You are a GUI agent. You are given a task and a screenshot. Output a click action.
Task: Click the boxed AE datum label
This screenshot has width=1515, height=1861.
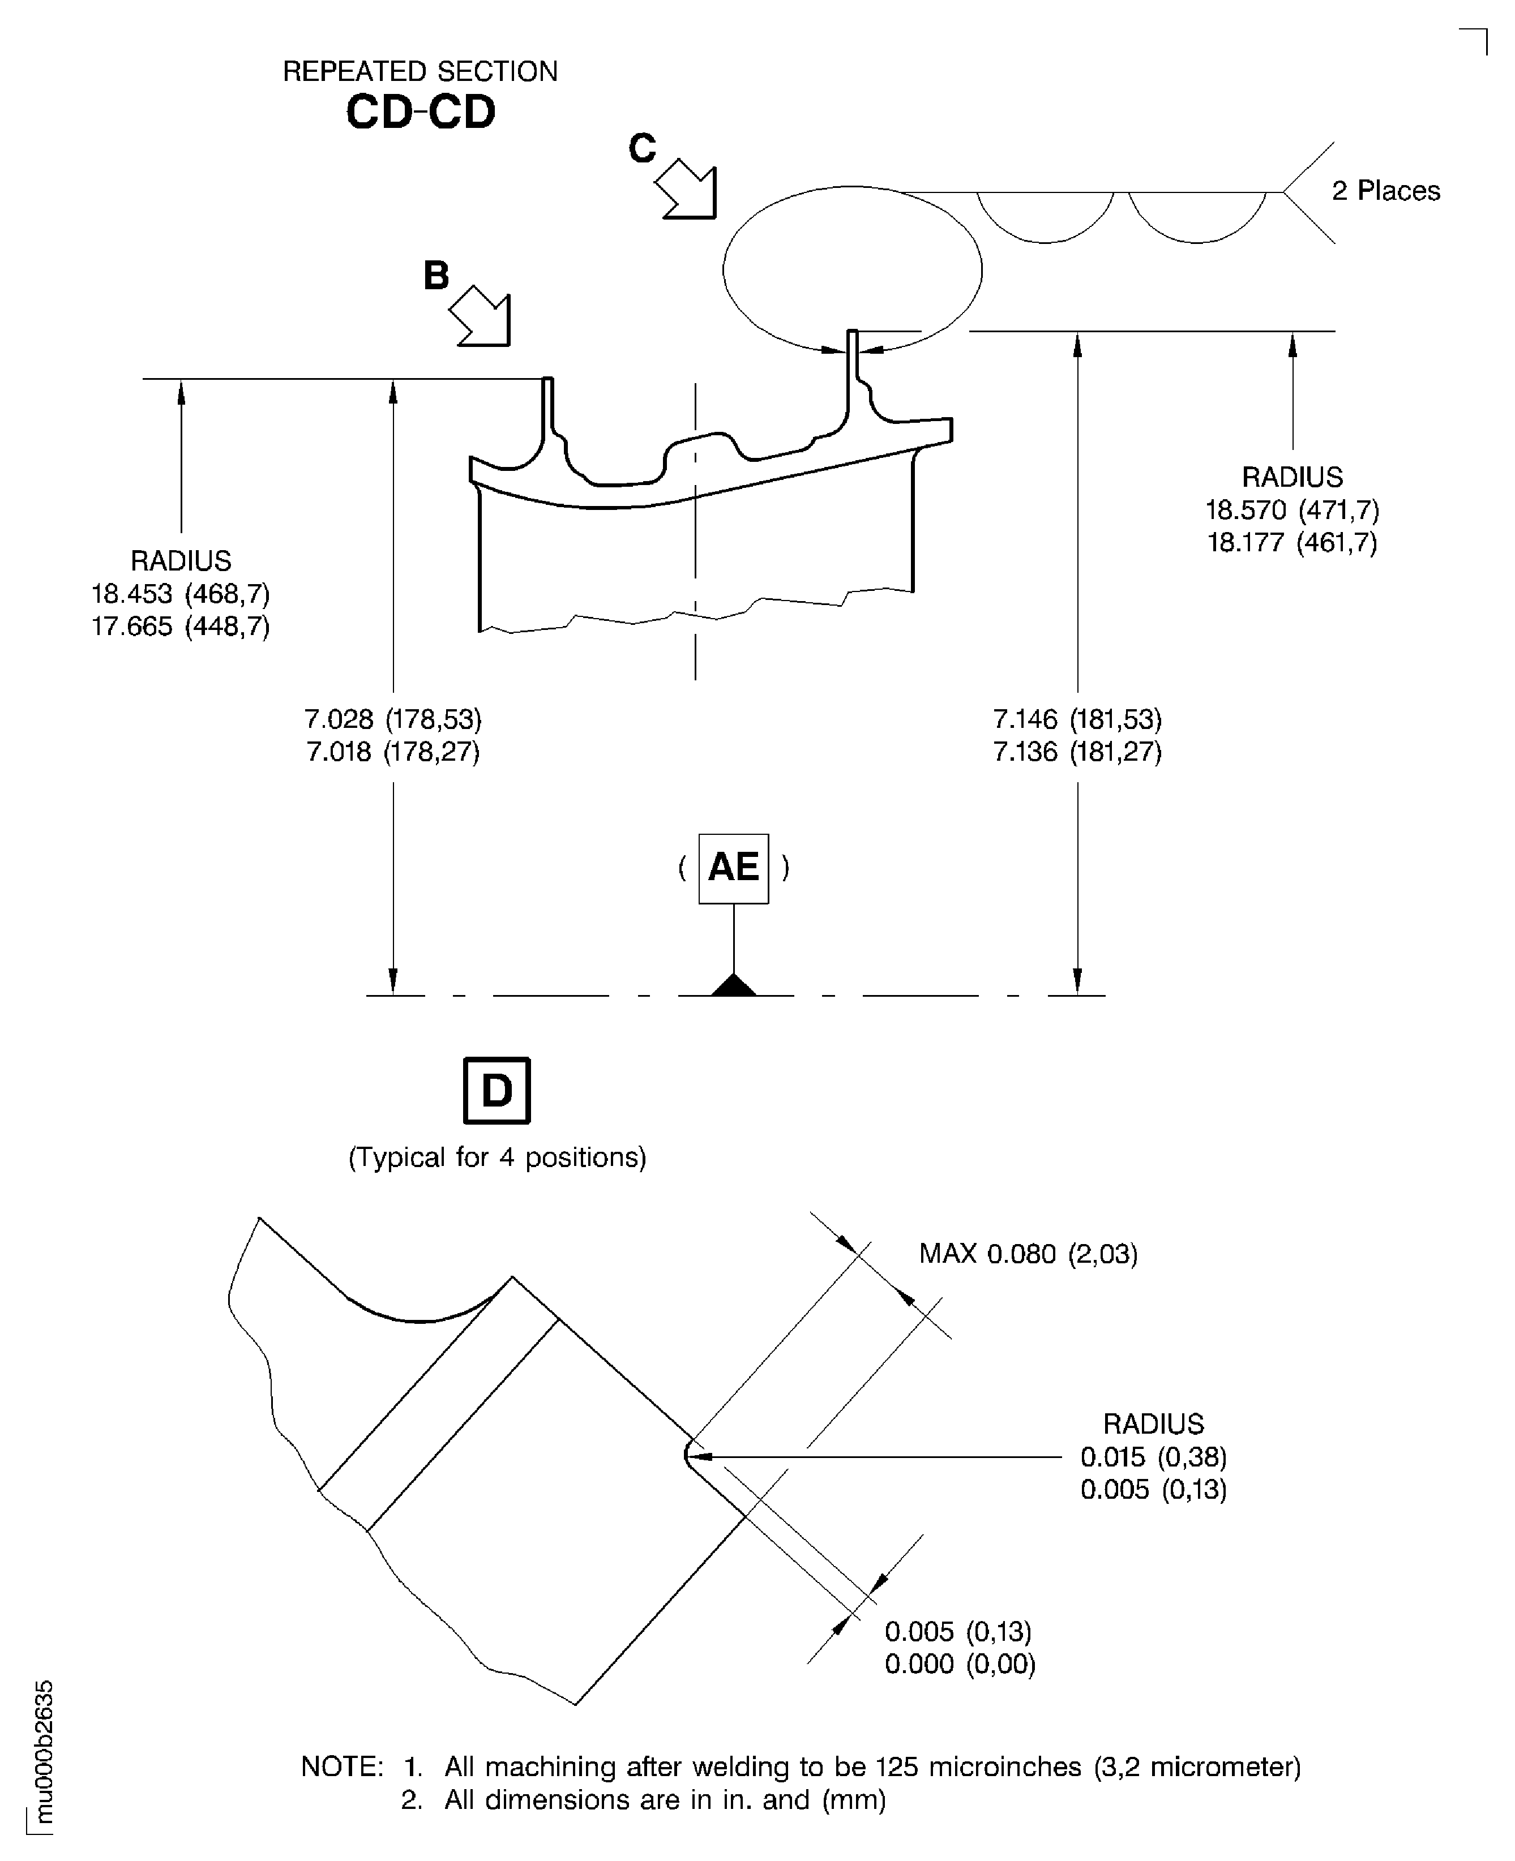tap(733, 868)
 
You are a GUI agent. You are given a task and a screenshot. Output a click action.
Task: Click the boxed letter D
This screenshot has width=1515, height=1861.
tap(497, 1091)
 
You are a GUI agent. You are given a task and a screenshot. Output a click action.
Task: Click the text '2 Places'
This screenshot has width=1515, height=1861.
tap(1385, 191)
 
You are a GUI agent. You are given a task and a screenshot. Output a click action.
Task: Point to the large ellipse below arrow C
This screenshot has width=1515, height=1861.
tap(851, 269)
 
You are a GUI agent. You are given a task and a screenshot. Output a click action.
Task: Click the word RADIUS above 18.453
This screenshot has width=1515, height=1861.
tap(181, 560)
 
